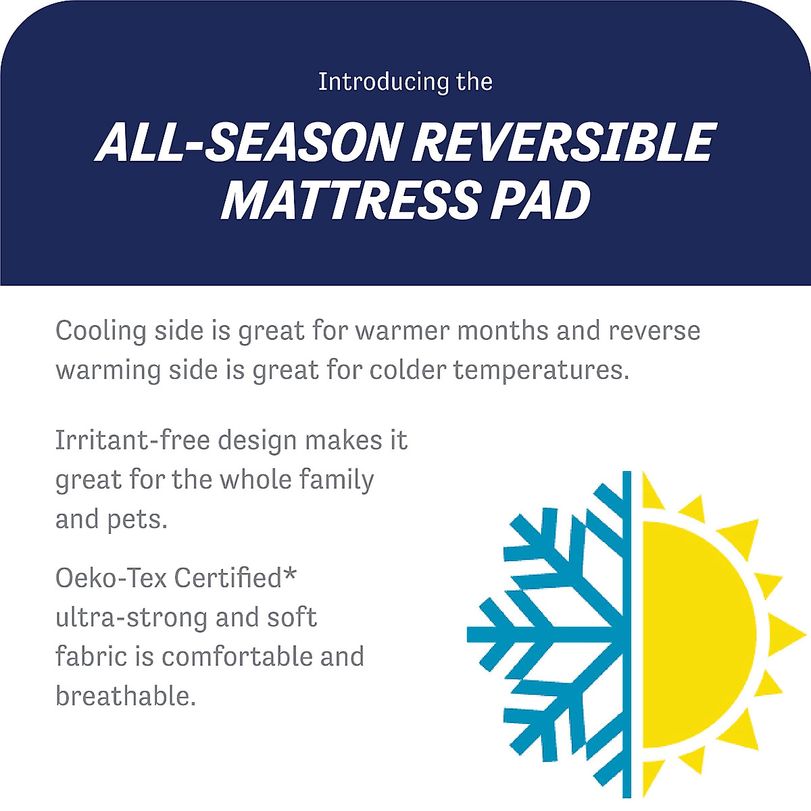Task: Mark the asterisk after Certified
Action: coord(290,574)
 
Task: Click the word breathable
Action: coord(126,696)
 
